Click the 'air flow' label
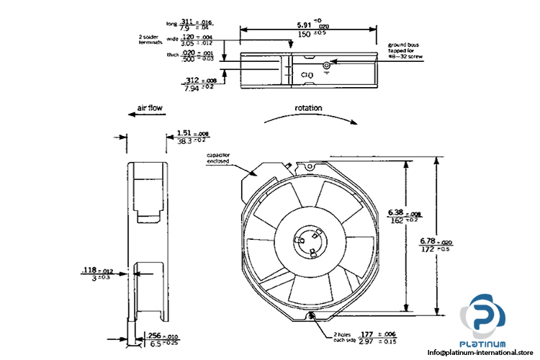pyautogui.click(x=150, y=109)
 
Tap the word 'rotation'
pyautogui.click(x=308, y=108)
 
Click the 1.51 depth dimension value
pyautogui.click(x=184, y=133)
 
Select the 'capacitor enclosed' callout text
pyautogui.click(x=218, y=159)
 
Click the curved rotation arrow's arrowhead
pyautogui.click(x=352, y=122)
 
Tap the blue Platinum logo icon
pyautogui.click(x=490, y=317)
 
